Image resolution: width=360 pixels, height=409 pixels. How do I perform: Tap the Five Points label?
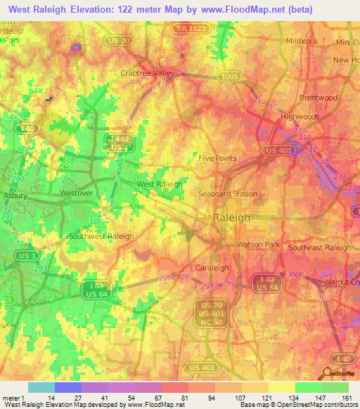217,158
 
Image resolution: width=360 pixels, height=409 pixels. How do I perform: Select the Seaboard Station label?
227,193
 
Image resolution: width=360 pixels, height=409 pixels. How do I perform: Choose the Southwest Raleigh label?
101,236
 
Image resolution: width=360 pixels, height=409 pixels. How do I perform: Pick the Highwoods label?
300,117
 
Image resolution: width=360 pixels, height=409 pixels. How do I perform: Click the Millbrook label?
302,41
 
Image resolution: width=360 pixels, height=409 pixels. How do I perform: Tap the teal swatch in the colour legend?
41,387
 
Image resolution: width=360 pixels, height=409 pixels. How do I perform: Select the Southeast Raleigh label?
319,247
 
